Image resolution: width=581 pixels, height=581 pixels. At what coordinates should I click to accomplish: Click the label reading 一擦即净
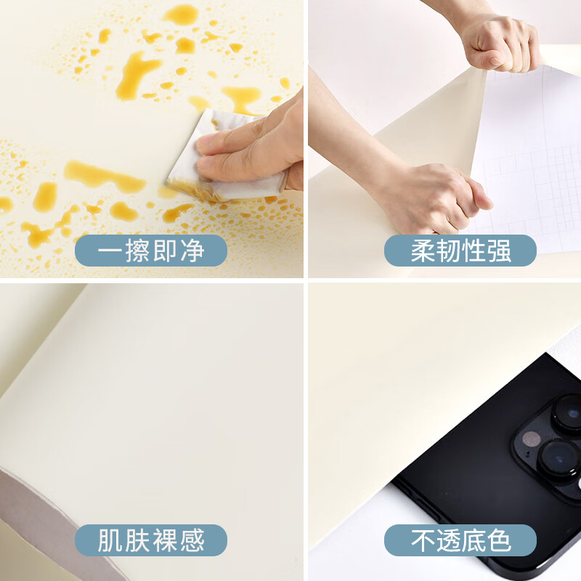click(151, 251)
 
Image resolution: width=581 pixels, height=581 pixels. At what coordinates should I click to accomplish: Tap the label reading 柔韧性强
click(460, 251)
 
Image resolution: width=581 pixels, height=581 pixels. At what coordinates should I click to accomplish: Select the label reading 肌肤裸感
click(151, 540)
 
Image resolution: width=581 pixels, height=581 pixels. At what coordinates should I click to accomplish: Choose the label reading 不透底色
click(460, 540)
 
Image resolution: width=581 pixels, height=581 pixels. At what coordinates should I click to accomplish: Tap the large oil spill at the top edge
click(182, 14)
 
